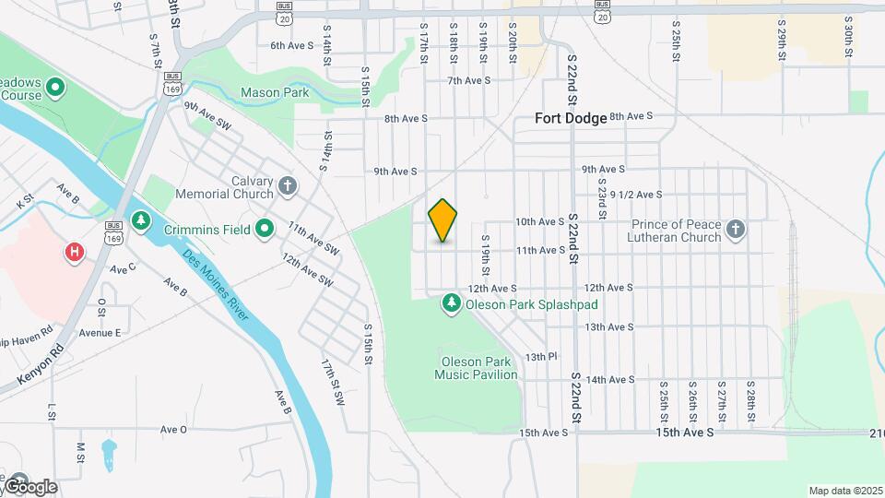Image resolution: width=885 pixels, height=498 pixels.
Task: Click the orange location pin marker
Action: [x=442, y=220]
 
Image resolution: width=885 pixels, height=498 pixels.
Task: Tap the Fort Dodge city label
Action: [x=572, y=118]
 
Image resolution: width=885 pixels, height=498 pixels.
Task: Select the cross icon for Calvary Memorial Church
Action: [x=288, y=187]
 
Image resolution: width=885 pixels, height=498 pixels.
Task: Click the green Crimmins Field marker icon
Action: [x=265, y=228]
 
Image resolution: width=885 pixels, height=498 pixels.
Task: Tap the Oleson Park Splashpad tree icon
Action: [x=452, y=302]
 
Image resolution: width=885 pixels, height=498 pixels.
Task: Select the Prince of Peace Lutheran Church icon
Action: [x=736, y=229]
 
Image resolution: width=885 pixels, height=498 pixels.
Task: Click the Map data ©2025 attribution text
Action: [x=844, y=491]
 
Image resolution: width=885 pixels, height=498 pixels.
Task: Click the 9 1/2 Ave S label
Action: [x=636, y=195]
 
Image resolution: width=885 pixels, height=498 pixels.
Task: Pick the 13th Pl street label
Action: [x=542, y=356]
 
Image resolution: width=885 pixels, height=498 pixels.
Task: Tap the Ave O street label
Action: [x=173, y=429]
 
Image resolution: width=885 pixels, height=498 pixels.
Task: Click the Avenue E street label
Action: [x=100, y=332]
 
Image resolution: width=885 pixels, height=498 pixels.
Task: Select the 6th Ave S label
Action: [x=292, y=44]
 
